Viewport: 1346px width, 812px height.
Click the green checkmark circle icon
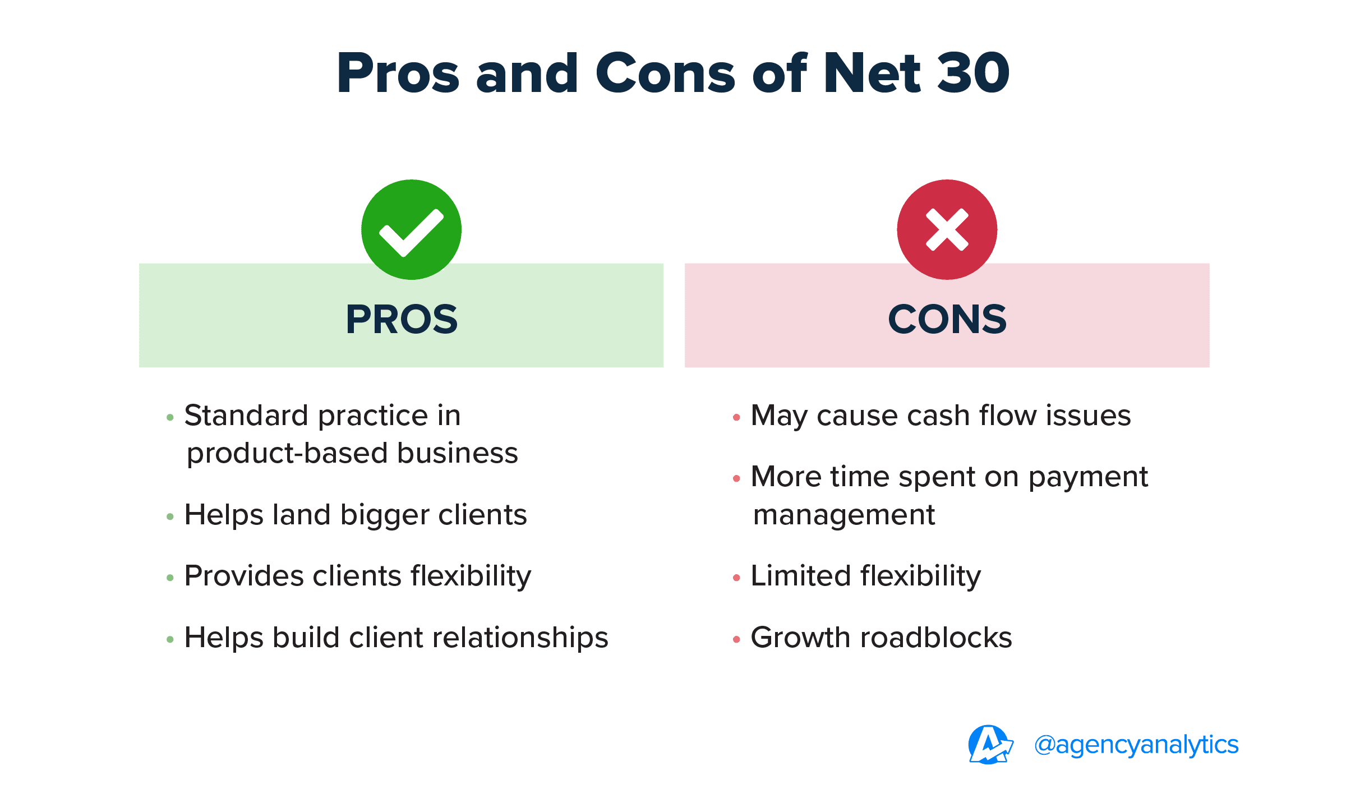pos(411,229)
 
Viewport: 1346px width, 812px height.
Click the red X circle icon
pos(947,229)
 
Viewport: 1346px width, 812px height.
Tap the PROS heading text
pos(402,320)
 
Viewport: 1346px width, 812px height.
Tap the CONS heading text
pos(947,320)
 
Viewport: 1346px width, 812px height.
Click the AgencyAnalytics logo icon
pos(990,745)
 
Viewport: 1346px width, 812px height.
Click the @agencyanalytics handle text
pos(1136,745)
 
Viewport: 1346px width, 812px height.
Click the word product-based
pos(287,454)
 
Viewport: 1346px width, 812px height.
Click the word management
pos(844,515)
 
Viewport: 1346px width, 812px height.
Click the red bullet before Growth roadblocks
pos(736,639)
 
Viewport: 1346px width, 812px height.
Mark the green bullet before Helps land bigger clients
pos(170,516)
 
